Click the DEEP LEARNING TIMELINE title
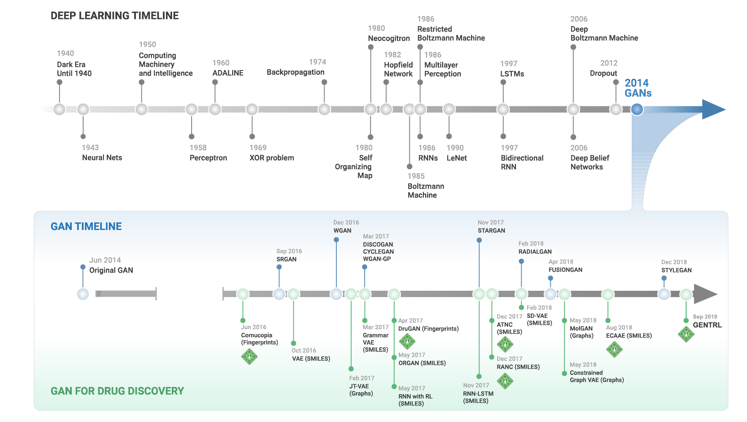114,16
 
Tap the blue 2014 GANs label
638,88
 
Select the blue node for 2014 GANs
637,109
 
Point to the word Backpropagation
295,72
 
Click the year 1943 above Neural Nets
90,148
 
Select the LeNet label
457,158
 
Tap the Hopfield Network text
398,69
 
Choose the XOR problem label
271,158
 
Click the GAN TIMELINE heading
86,227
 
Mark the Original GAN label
111,270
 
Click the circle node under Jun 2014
83,294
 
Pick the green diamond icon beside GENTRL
686,334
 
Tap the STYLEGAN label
676,270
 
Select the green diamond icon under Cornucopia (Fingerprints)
249,357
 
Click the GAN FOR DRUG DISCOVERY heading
117,391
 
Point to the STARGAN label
491,230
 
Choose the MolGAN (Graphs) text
582,332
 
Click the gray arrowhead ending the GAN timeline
705,294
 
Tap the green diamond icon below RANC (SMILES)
505,381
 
